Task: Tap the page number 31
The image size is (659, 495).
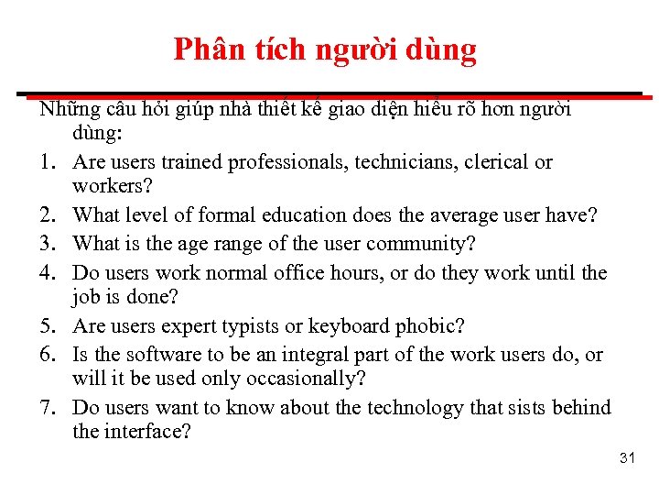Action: click(x=627, y=457)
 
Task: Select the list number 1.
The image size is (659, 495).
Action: click(x=47, y=162)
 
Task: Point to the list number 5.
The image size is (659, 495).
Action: click(x=47, y=326)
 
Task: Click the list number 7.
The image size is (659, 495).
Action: click(x=47, y=407)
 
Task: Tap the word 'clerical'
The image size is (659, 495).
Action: click(x=496, y=162)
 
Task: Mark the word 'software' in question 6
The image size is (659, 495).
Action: click(x=161, y=354)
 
